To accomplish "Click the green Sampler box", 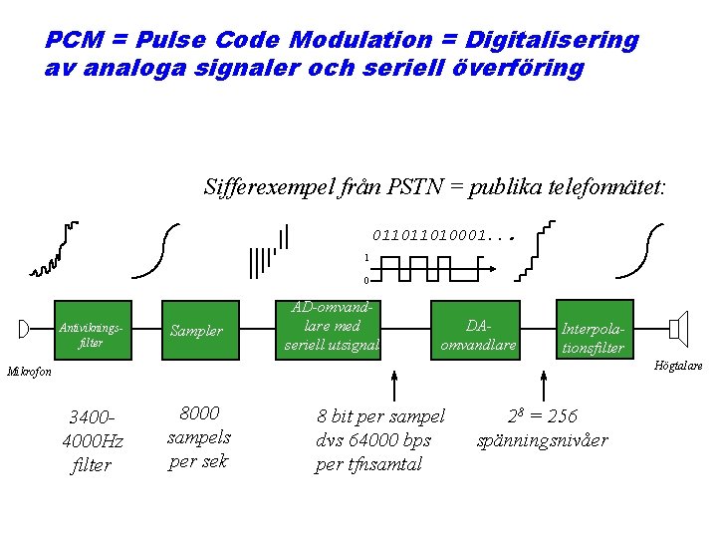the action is click(197, 330).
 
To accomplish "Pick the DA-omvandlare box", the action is click(478, 330).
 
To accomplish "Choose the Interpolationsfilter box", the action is click(594, 330).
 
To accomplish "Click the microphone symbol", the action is click(24, 329).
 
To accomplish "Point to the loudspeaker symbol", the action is click(679, 328).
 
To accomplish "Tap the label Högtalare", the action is click(677, 366).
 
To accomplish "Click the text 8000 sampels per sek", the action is click(198, 436).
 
